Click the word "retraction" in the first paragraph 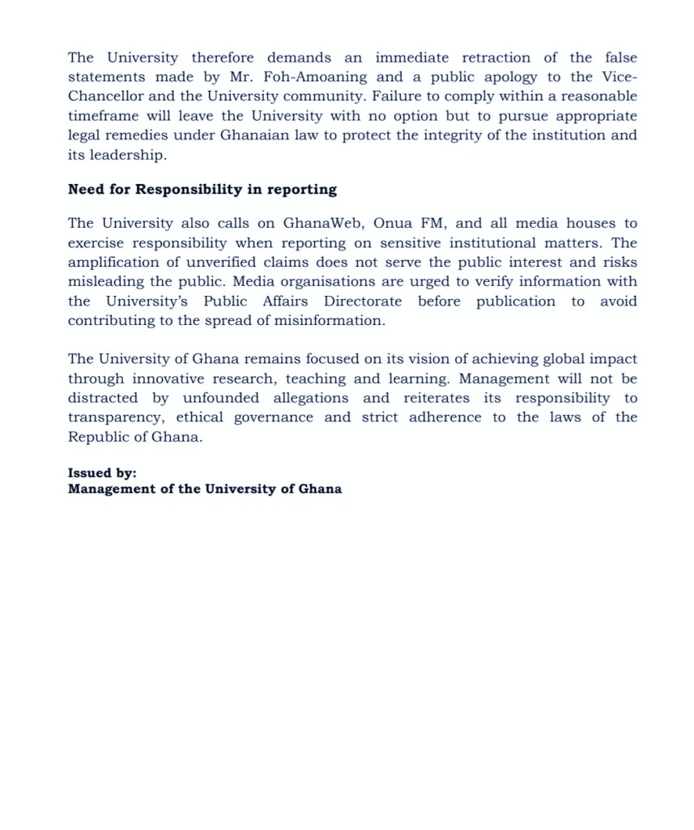pos(494,58)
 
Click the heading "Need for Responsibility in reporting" pos(202,189)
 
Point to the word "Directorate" pos(363,301)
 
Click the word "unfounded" pos(221,398)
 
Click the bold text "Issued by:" pos(102,473)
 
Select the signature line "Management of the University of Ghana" pos(205,489)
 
